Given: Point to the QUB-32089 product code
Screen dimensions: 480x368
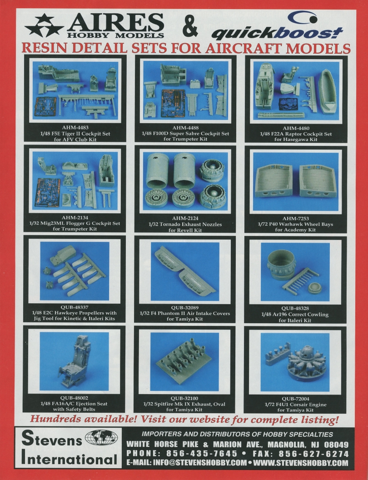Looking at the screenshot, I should pos(184,307).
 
